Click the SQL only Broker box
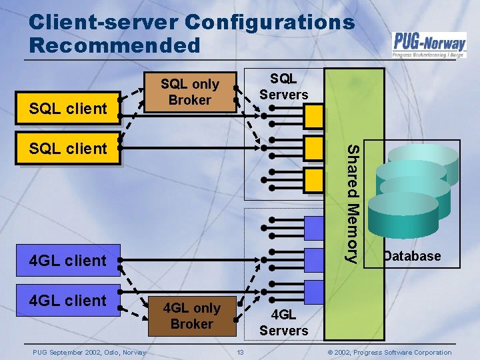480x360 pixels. pyautogui.click(x=190, y=92)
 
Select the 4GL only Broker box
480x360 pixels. pyautogui.click(x=192, y=316)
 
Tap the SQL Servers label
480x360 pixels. pyautogui.click(x=284, y=87)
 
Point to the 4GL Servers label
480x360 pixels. pyautogui.click(x=284, y=322)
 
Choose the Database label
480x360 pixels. pyautogui.click(x=411, y=256)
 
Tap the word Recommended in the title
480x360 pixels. pyautogui.click(x=114, y=45)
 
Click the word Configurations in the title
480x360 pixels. pyautogui.click(x=269, y=22)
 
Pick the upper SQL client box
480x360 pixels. pyautogui.click(x=69, y=108)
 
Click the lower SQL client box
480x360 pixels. pyautogui.click(x=69, y=148)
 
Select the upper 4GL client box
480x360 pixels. pyautogui.click(x=69, y=260)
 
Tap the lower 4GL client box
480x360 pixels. pyautogui.click(x=69, y=301)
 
